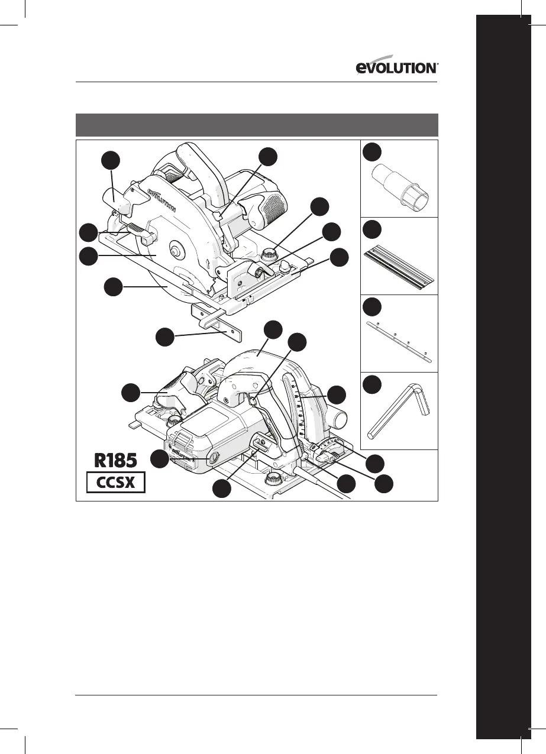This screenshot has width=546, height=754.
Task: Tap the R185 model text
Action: [117, 460]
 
